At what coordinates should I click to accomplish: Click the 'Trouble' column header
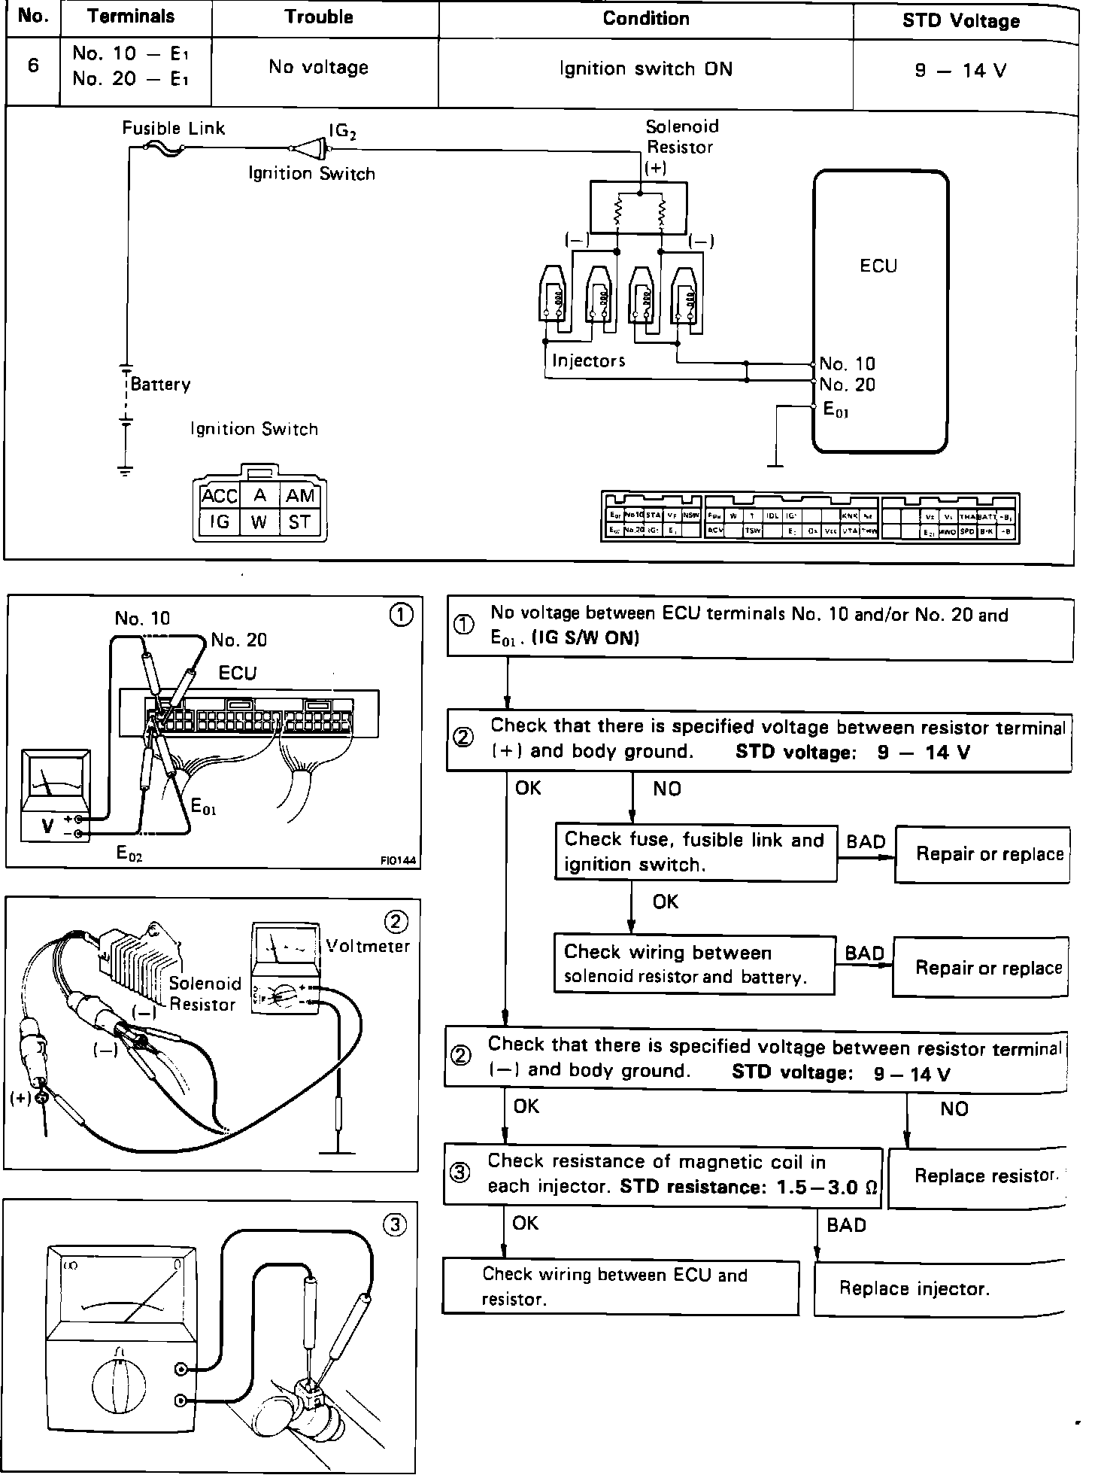[319, 17]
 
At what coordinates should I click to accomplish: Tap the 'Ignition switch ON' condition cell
[645, 69]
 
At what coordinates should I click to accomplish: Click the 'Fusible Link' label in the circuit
[174, 128]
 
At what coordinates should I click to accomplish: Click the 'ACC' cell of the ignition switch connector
[219, 496]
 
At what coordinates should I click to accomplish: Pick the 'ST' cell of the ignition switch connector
[299, 522]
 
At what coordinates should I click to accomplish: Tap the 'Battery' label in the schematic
[160, 385]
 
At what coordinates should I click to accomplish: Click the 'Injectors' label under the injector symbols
[588, 361]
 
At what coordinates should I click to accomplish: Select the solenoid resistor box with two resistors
[638, 208]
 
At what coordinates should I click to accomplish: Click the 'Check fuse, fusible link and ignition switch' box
[695, 853]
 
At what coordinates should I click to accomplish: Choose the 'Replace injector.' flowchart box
[940, 1288]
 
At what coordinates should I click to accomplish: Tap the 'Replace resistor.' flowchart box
[978, 1176]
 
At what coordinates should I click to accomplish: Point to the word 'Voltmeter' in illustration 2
[368, 946]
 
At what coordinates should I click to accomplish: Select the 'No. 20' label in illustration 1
[238, 640]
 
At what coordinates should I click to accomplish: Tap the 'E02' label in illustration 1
[129, 853]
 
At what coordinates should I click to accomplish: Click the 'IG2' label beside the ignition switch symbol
[342, 131]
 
